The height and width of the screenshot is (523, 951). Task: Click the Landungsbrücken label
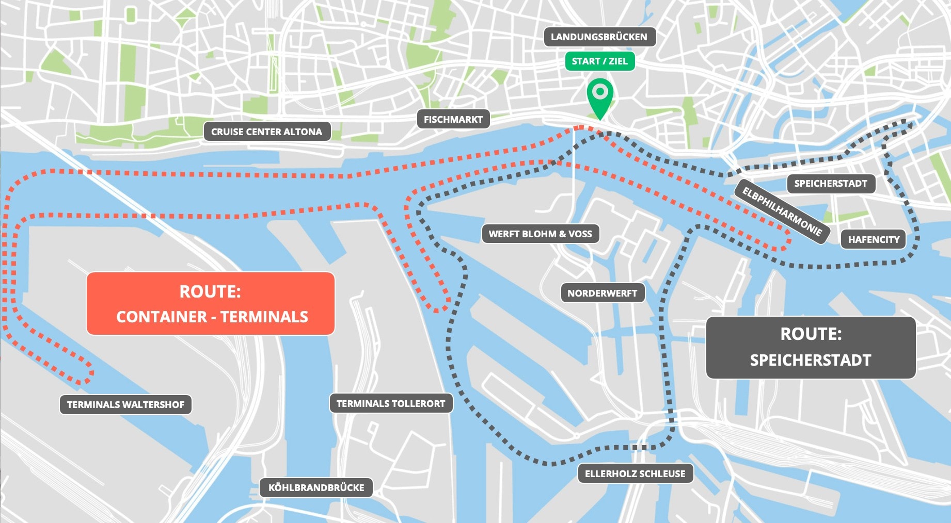(599, 37)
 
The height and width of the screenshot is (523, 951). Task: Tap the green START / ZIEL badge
(599, 61)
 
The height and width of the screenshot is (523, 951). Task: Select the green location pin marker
(600, 95)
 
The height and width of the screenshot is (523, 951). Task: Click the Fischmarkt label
(453, 120)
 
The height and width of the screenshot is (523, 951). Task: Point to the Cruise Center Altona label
(266, 132)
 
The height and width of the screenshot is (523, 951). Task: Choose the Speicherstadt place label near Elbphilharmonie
(830, 184)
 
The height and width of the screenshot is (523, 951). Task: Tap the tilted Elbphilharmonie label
(782, 211)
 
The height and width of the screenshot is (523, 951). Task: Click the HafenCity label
(873, 240)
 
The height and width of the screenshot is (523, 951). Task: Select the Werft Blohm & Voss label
(540, 234)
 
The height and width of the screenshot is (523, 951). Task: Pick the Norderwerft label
(602, 293)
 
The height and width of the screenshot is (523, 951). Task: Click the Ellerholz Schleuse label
(635, 474)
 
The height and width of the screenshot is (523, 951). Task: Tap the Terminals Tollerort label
(390, 404)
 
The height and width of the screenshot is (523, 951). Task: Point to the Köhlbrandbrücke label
(316, 488)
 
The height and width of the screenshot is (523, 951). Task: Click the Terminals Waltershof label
(125, 405)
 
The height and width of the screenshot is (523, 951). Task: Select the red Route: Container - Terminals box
(211, 304)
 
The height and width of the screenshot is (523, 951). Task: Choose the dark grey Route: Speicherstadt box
(811, 347)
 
